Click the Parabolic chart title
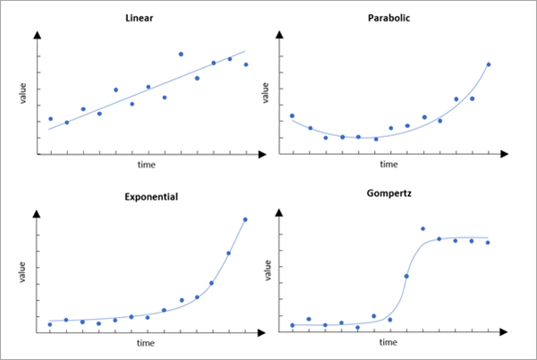388,18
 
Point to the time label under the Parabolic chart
388,166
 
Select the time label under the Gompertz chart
388,343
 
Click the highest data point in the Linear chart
181,55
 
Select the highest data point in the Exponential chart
245,219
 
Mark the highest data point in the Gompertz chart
422,229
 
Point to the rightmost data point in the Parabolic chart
489,64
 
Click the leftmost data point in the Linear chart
50,118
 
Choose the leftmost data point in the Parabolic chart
292,116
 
